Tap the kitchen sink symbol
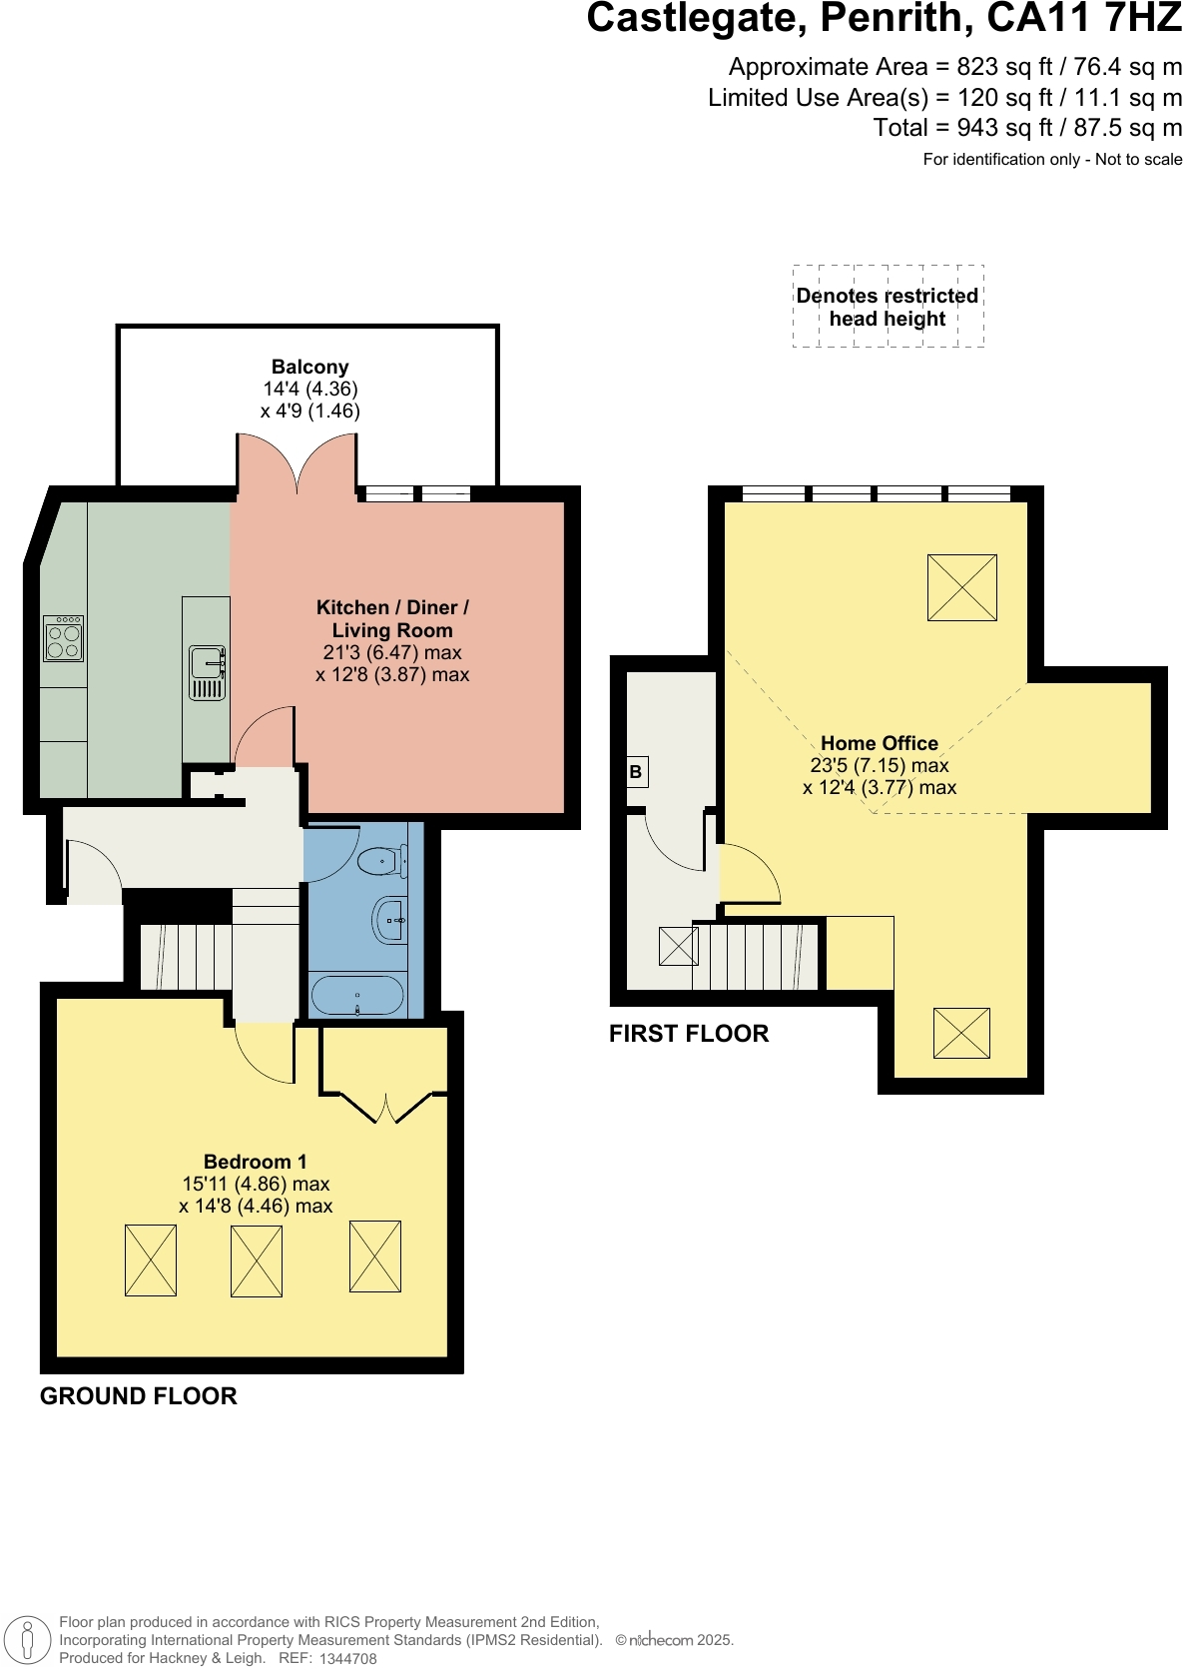[x=208, y=673]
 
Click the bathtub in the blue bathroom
[x=357, y=996]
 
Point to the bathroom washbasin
[x=389, y=919]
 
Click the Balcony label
[x=309, y=367]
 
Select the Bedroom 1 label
[x=255, y=1162]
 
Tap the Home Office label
[x=879, y=743]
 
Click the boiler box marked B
[x=636, y=772]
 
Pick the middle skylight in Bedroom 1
[x=257, y=1260]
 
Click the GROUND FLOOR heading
[x=138, y=1396]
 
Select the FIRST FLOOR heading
[x=689, y=1034]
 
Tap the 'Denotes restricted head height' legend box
[x=888, y=307]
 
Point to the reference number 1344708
[x=348, y=1659]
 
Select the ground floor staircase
[x=185, y=957]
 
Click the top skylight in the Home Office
[x=961, y=587]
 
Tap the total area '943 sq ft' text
[x=988, y=128]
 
